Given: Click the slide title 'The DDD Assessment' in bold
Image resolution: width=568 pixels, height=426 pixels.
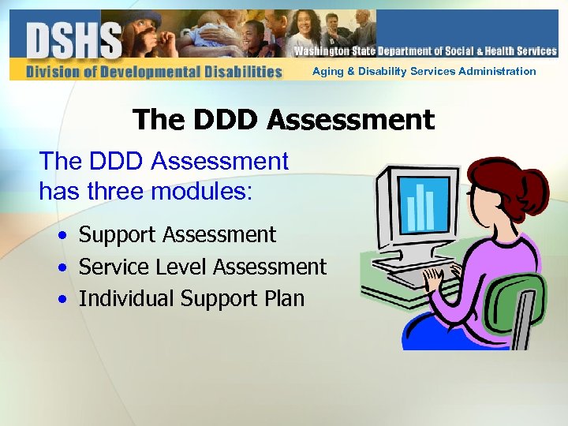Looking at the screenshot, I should coord(284,120).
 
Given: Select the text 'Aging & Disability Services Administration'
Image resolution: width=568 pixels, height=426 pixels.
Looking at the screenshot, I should coord(424,72).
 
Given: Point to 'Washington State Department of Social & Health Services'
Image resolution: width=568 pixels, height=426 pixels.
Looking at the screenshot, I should coord(425,51).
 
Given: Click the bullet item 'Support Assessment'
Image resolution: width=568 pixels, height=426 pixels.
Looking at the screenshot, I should coord(177,235).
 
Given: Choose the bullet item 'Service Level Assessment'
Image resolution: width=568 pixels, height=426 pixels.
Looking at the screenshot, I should coord(203,267).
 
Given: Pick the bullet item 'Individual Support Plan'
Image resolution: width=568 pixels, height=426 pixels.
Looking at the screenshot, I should coord(192,299).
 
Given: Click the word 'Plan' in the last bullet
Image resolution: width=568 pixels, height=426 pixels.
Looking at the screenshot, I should coord(285,299).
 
